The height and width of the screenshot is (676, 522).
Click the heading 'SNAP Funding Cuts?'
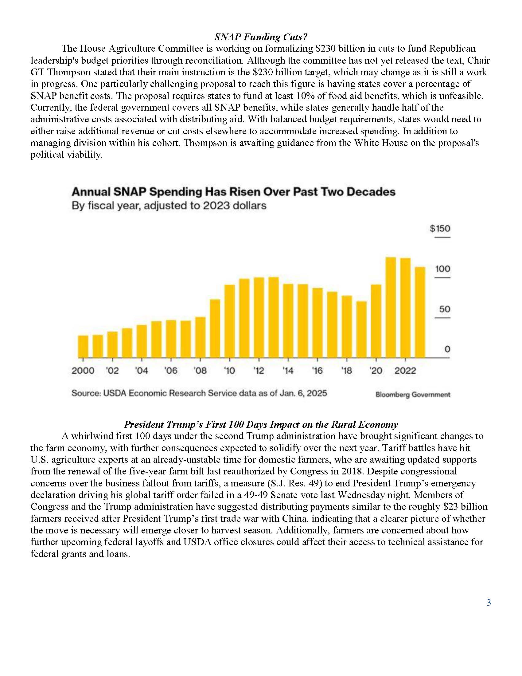tap(261, 37)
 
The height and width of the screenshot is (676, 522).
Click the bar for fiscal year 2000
tap(83, 346)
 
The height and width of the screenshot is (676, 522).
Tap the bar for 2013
tap(273, 317)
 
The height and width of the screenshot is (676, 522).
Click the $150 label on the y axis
tap(440, 228)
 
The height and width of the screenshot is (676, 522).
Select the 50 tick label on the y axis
tap(444, 309)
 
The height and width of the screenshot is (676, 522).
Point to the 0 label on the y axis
tap(447, 349)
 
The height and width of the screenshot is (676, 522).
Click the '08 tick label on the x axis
tap(200, 371)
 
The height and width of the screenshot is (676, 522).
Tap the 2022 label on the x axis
tap(405, 371)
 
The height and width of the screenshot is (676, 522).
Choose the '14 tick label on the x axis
tap(288, 371)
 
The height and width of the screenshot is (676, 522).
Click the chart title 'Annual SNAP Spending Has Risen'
tap(233, 192)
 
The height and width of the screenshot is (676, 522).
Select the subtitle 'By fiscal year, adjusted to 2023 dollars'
tap(169, 206)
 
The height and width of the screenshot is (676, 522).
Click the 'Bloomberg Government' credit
tap(413, 395)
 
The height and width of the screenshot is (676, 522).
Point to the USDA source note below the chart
tap(199, 393)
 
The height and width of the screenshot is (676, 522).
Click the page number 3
tap(489, 602)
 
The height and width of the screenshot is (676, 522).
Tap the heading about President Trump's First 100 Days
tap(261, 424)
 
